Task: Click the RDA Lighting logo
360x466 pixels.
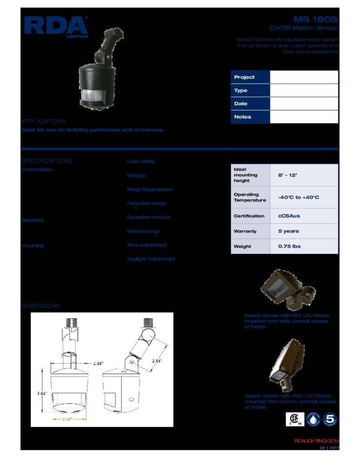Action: click(x=56, y=26)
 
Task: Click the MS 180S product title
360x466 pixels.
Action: click(x=315, y=20)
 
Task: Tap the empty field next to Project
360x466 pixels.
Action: click(x=304, y=77)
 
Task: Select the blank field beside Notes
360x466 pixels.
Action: click(x=304, y=117)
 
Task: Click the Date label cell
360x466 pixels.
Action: click(x=250, y=104)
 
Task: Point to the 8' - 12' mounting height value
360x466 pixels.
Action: click(x=288, y=175)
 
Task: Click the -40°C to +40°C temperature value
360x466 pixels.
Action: click(x=299, y=198)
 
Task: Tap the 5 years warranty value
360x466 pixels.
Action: click(x=289, y=231)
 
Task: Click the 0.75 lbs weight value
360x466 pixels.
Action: click(x=289, y=247)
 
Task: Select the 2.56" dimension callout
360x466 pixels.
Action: click(x=157, y=360)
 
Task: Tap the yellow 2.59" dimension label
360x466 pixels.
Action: click(x=70, y=419)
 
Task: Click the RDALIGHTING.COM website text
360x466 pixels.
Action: click(x=317, y=441)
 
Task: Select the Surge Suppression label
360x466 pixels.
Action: click(x=149, y=190)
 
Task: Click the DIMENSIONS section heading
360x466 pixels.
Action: click(x=41, y=306)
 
